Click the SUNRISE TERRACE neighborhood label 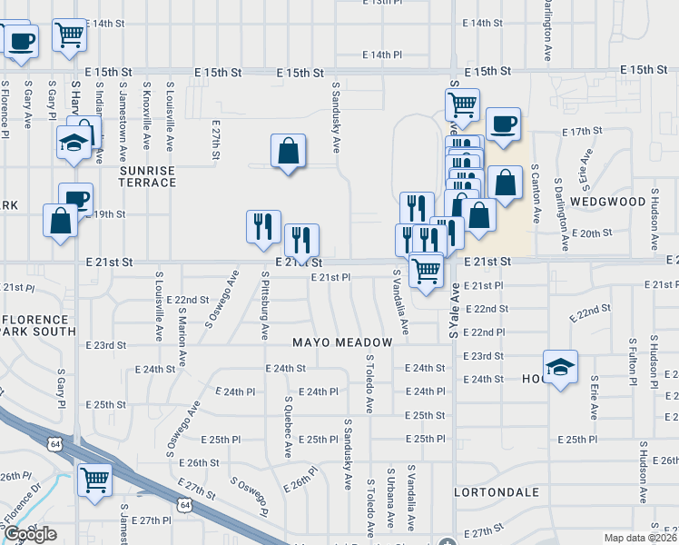pyautogui.click(x=147, y=176)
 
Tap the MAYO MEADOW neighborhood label pyautogui.click(x=342, y=342)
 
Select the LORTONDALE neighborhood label pyautogui.click(x=496, y=493)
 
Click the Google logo pyautogui.click(x=30, y=534)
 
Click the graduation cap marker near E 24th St pyautogui.click(x=560, y=368)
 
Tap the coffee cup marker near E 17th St pyautogui.click(x=502, y=125)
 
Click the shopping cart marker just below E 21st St pyautogui.click(x=425, y=271)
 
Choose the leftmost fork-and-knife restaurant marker pyautogui.click(x=263, y=225)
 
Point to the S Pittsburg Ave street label pyautogui.click(x=264, y=305)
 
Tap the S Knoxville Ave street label pyautogui.click(x=146, y=117)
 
